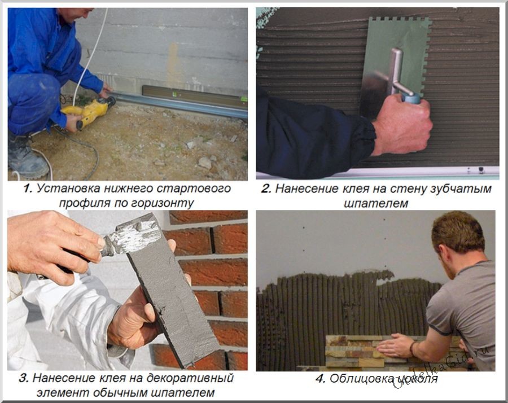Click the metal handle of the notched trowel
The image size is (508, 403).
(398, 73)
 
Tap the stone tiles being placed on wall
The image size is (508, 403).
(361, 350)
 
